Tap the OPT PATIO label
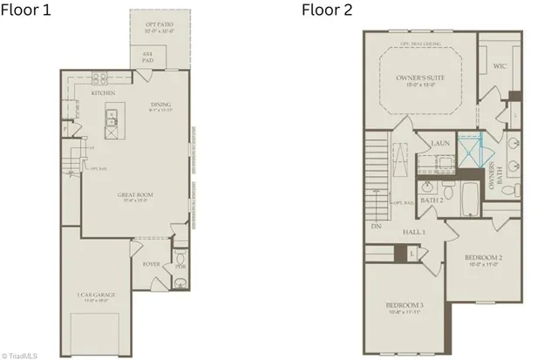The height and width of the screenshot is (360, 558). coord(159,27)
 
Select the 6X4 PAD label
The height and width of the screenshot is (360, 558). coord(146,55)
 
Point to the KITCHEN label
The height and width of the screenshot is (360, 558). coord(103,92)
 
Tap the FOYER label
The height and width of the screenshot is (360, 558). coord(151,262)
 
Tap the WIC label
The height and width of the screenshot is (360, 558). coord(500,65)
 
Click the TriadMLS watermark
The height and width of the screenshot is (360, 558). coord(20,354)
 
